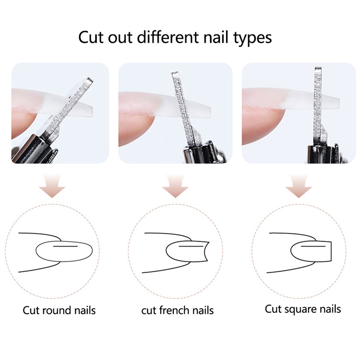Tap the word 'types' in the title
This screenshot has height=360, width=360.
[252, 38]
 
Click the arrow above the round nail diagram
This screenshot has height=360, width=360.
[52, 186]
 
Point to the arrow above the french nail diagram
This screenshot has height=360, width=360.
[175, 186]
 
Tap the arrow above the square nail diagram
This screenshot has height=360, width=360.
[299, 186]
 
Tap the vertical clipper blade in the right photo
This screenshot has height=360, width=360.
[319, 106]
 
